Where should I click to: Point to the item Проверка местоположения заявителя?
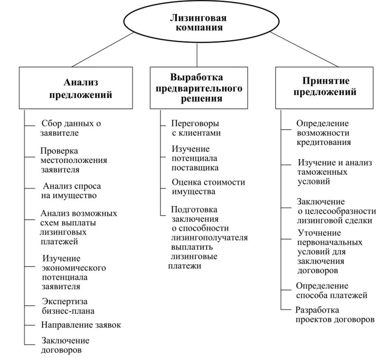74,160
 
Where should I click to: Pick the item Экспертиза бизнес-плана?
67,306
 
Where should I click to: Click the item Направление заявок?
81,325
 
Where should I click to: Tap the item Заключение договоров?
65,345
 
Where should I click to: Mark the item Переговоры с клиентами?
196,128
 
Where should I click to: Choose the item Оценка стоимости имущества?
208,187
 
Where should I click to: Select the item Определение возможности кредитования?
323,133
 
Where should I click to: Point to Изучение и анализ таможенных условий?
334,171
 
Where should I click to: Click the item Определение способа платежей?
331,291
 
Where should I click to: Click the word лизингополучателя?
209,237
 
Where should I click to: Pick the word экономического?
74,268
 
